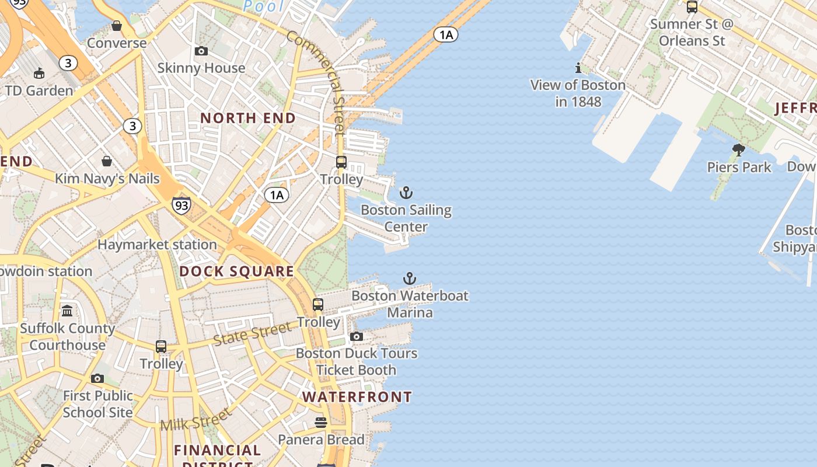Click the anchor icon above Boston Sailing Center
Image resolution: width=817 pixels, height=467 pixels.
point(406,193)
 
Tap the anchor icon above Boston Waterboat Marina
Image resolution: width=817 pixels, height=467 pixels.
point(410,278)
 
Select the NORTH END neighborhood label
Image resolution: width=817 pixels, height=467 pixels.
point(248,118)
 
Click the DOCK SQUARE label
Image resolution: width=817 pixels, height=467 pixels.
point(236,271)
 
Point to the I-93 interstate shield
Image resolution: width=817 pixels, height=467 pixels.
point(181,205)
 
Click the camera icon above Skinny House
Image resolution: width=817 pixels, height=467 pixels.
point(201,51)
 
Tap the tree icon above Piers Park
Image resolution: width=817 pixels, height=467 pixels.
point(739,150)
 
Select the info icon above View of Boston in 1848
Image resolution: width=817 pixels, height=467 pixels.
point(578,68)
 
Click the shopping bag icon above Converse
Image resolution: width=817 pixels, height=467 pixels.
point(117,26)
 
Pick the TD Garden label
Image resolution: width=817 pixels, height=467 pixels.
point(39,90)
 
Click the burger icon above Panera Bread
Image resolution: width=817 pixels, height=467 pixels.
point(321,422)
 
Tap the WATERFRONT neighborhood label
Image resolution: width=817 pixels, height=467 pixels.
point(357,398)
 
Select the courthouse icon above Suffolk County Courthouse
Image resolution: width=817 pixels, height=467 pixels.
point(67,311)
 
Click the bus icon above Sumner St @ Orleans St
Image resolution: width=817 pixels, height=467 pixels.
point(692,7)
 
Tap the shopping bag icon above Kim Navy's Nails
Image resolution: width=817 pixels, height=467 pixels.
point(107,161)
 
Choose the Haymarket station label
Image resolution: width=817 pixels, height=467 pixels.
point(157,245)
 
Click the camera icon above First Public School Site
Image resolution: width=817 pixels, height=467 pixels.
point(97,379)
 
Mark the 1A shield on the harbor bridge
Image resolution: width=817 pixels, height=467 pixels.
point(445,35)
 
